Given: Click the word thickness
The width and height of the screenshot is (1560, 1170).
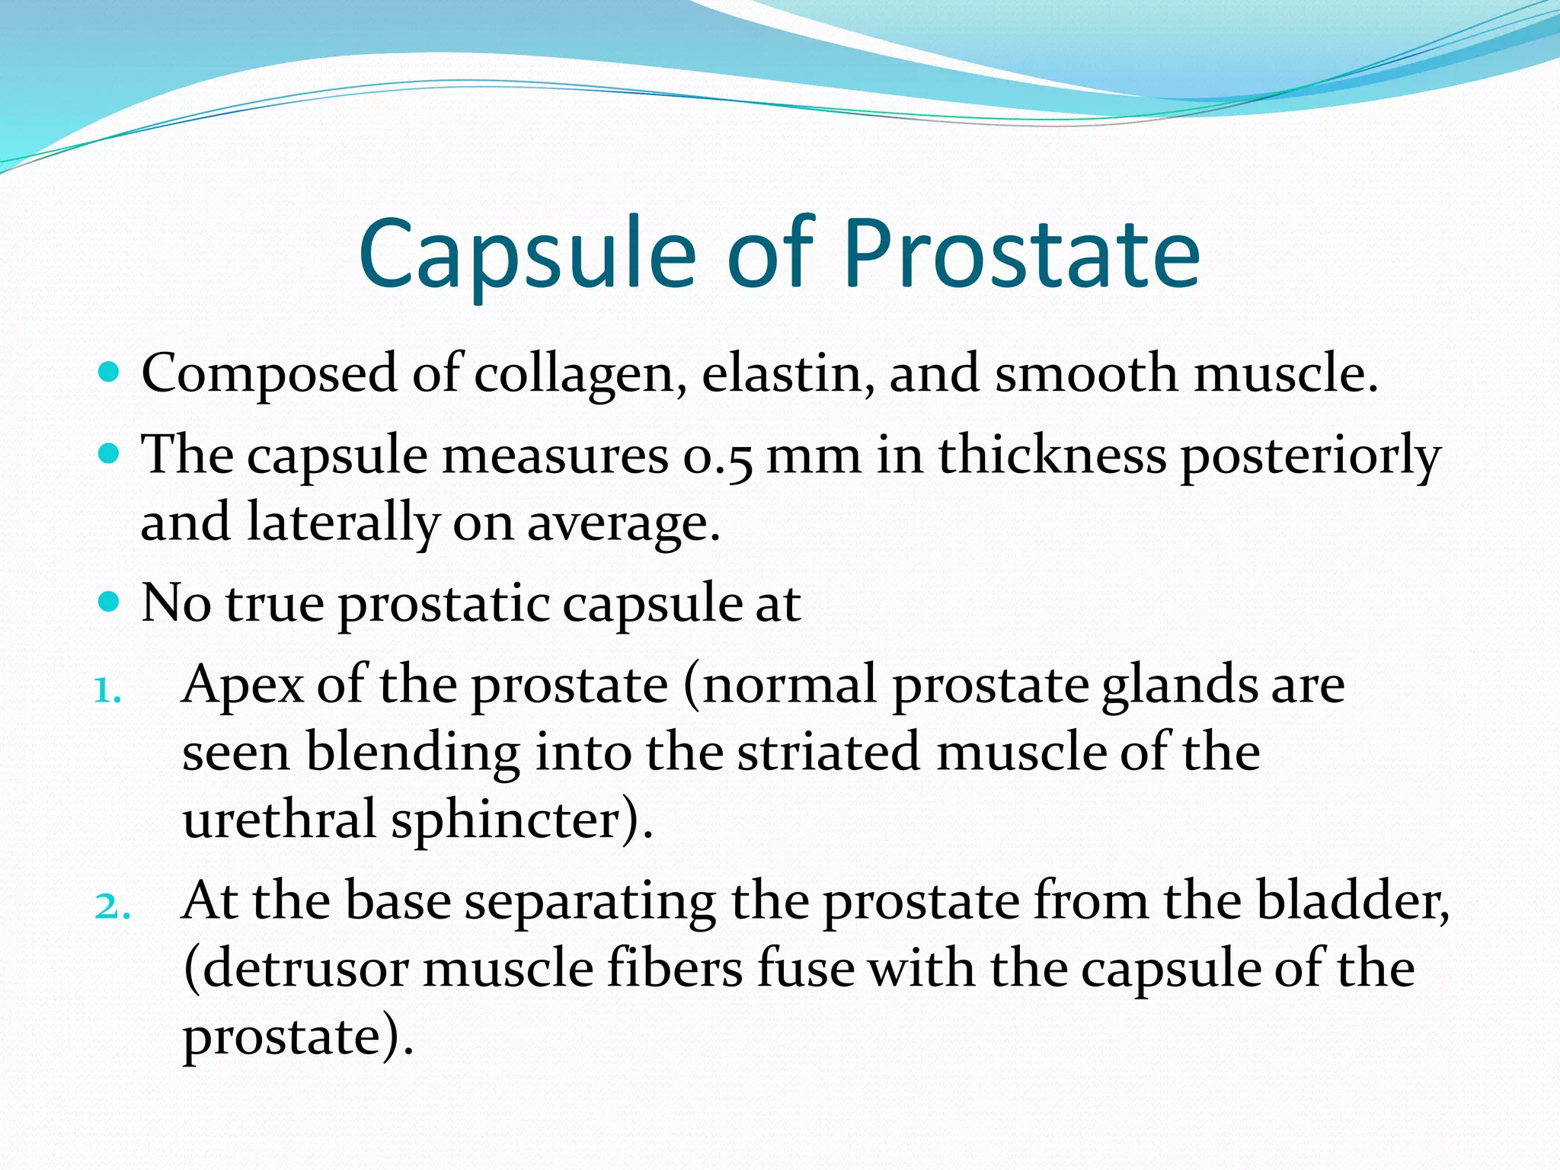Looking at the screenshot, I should [1051, 456].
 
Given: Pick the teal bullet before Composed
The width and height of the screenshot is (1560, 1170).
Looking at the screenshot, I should [110, 372].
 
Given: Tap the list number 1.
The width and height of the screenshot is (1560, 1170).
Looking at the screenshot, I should [107, 691].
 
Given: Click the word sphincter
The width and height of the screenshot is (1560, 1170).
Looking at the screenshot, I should [522, 821].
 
